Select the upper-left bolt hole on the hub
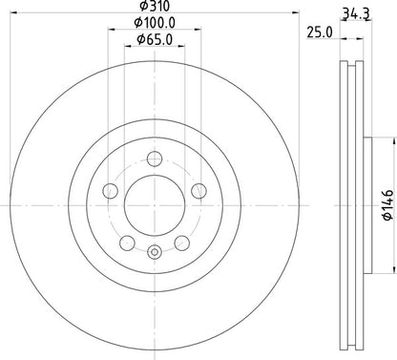click(x=110, y=191)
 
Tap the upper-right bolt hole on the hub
click(x=198, y=191)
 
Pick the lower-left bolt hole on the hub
click(x=127, y=243)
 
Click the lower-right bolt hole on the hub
click(x=181, y=243)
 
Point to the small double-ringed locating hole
click(x=154, y=252)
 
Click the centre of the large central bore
click(x=154, y=205)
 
